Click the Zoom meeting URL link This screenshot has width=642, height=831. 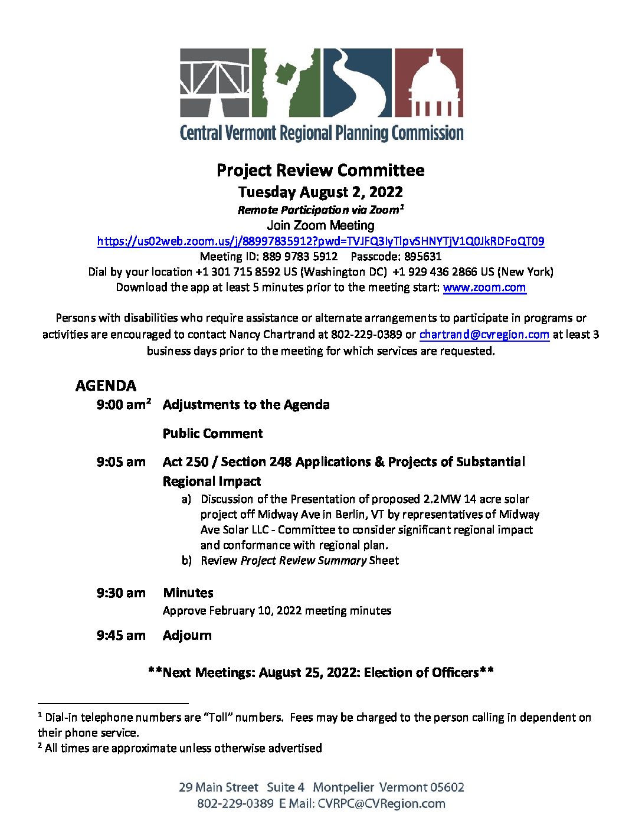(320, 241)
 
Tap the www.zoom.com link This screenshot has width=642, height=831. (484, 287)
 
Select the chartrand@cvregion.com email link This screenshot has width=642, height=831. (484, 334)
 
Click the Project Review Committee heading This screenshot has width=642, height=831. (320, 171)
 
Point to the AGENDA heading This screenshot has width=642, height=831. (106, 386)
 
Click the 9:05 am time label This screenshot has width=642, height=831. (121, 462)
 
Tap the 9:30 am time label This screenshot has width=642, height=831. (121, 593)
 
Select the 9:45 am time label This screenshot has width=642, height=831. (121, 636)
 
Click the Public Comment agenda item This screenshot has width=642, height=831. (212, 434)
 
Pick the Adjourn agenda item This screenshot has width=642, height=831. (187, 636)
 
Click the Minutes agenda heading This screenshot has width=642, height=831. (188, 593)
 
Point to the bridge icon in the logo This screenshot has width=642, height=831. (215, 83)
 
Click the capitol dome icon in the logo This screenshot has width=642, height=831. (428, 83)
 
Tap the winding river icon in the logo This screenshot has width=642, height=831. (356, 83)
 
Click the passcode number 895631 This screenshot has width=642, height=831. (422, 257)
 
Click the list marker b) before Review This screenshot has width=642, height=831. (186, 561)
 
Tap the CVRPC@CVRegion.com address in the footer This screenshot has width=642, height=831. (381, 804)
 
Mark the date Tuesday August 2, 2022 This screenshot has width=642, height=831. (320, 192)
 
